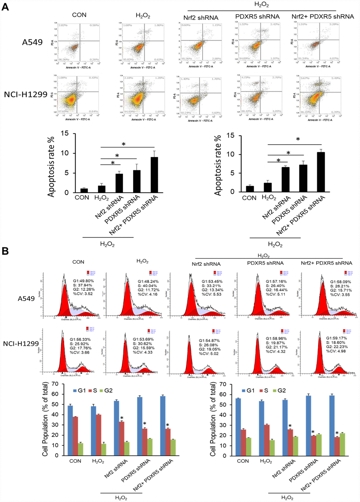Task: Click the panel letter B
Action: click(5, 251)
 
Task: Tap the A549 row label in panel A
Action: click(32, 42)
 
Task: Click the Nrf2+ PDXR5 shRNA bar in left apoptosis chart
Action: click(154, 175)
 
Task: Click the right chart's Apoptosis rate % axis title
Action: click(218, 165)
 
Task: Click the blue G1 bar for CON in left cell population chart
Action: click(70, 430)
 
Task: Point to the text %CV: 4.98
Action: click(336, 351)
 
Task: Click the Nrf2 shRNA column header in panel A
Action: click(201, 18)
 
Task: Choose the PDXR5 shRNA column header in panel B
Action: click(265, 263)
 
